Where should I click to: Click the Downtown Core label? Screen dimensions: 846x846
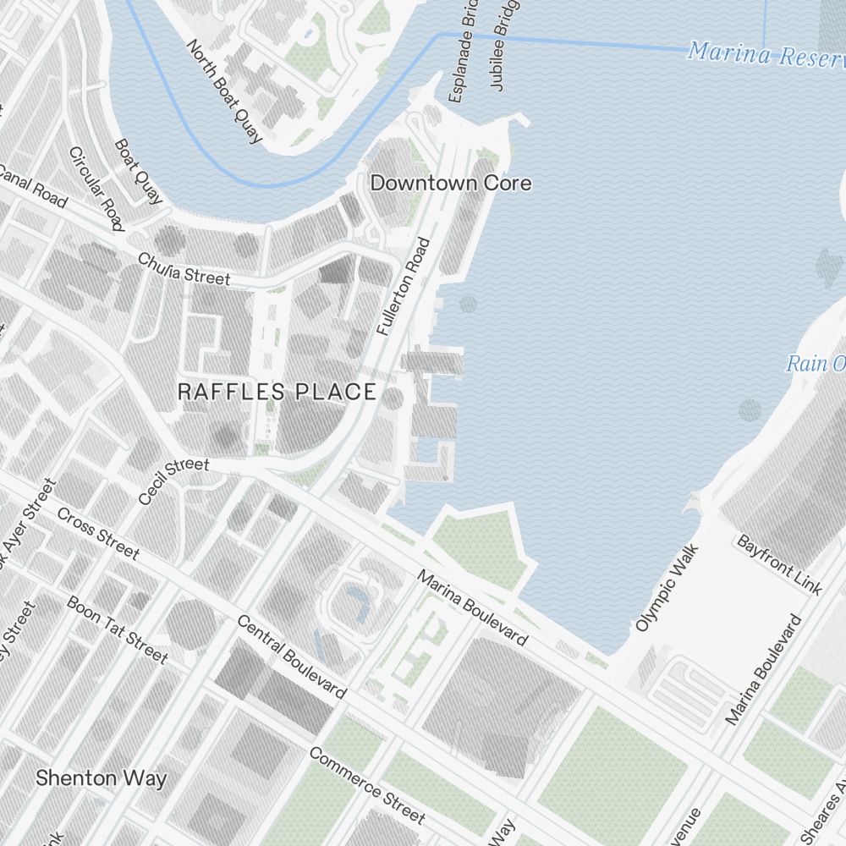pos(451,183)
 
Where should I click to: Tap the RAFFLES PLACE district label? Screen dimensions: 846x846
pos(277,392)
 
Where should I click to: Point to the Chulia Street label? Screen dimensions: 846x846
pos(184,268)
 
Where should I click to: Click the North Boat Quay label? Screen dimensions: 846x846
pos(224,91)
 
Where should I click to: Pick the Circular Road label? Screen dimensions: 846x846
pos(96,189)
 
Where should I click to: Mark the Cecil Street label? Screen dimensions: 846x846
pos(173,481)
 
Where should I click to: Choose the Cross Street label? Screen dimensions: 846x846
pos(98,533)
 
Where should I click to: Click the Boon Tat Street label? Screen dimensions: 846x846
pos(117,629)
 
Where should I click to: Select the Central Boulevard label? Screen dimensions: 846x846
pos(291,656)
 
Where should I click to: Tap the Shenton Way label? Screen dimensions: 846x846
pos(102,778)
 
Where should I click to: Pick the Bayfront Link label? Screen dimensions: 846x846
pos(779,564)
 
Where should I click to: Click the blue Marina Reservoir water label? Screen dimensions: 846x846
pos(766,54)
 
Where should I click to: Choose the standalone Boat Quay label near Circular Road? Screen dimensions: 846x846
pos(138,172)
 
